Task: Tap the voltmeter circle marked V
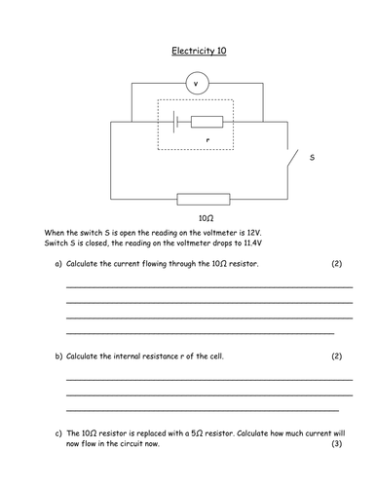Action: click(199, 85)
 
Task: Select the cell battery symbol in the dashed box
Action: click(173, 123)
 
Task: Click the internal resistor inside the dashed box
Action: click(207, 123)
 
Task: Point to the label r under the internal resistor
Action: click(208, 139)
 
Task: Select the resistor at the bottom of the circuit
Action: click(203, 199)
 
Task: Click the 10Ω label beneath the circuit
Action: click(206, 220)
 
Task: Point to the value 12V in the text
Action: click(253, 234)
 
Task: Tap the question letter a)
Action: click(59, 264)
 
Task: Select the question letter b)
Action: click(59, 356)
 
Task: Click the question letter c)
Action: click(59, 432)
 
